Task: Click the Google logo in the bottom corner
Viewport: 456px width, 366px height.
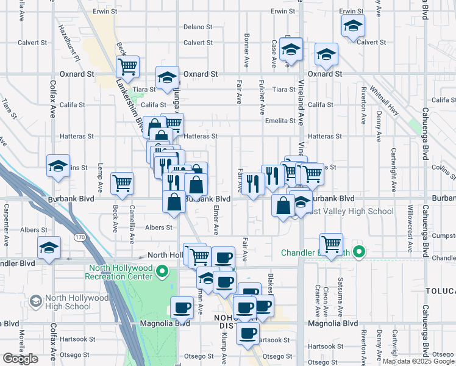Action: (x=20, y=359)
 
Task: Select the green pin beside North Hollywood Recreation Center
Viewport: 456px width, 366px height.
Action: (x=162, y=271)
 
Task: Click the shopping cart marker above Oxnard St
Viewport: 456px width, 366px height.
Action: (x=128, y=65)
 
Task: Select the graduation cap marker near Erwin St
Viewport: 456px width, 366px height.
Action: (x=353, y=27)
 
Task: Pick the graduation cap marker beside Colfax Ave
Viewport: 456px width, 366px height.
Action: (x=58, y=166)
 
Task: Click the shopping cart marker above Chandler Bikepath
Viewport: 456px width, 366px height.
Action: (x=331, y=244)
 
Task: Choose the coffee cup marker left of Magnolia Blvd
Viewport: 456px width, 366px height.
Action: (x=182, y=307)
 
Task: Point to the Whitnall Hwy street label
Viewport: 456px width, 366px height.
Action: (x=385, y=101)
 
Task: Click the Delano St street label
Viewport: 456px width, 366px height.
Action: (x=198, y=27)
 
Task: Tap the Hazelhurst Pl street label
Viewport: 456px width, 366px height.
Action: (x=69, y=44)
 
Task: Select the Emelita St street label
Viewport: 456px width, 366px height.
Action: (x=280, y=121)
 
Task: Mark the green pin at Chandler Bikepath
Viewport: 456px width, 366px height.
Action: (x=360, y=251)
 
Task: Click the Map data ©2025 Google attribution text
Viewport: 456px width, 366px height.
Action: (x=419, y=361)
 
